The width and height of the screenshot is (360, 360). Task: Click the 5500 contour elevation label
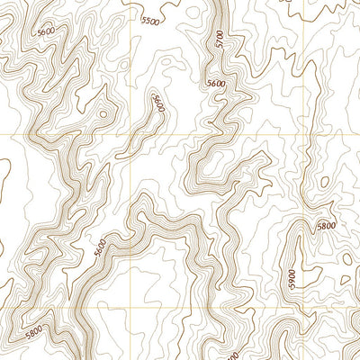150,20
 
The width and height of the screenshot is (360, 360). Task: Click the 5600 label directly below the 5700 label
216,84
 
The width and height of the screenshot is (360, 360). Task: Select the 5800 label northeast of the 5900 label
325,227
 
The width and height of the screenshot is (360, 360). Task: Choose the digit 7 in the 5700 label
220,42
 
